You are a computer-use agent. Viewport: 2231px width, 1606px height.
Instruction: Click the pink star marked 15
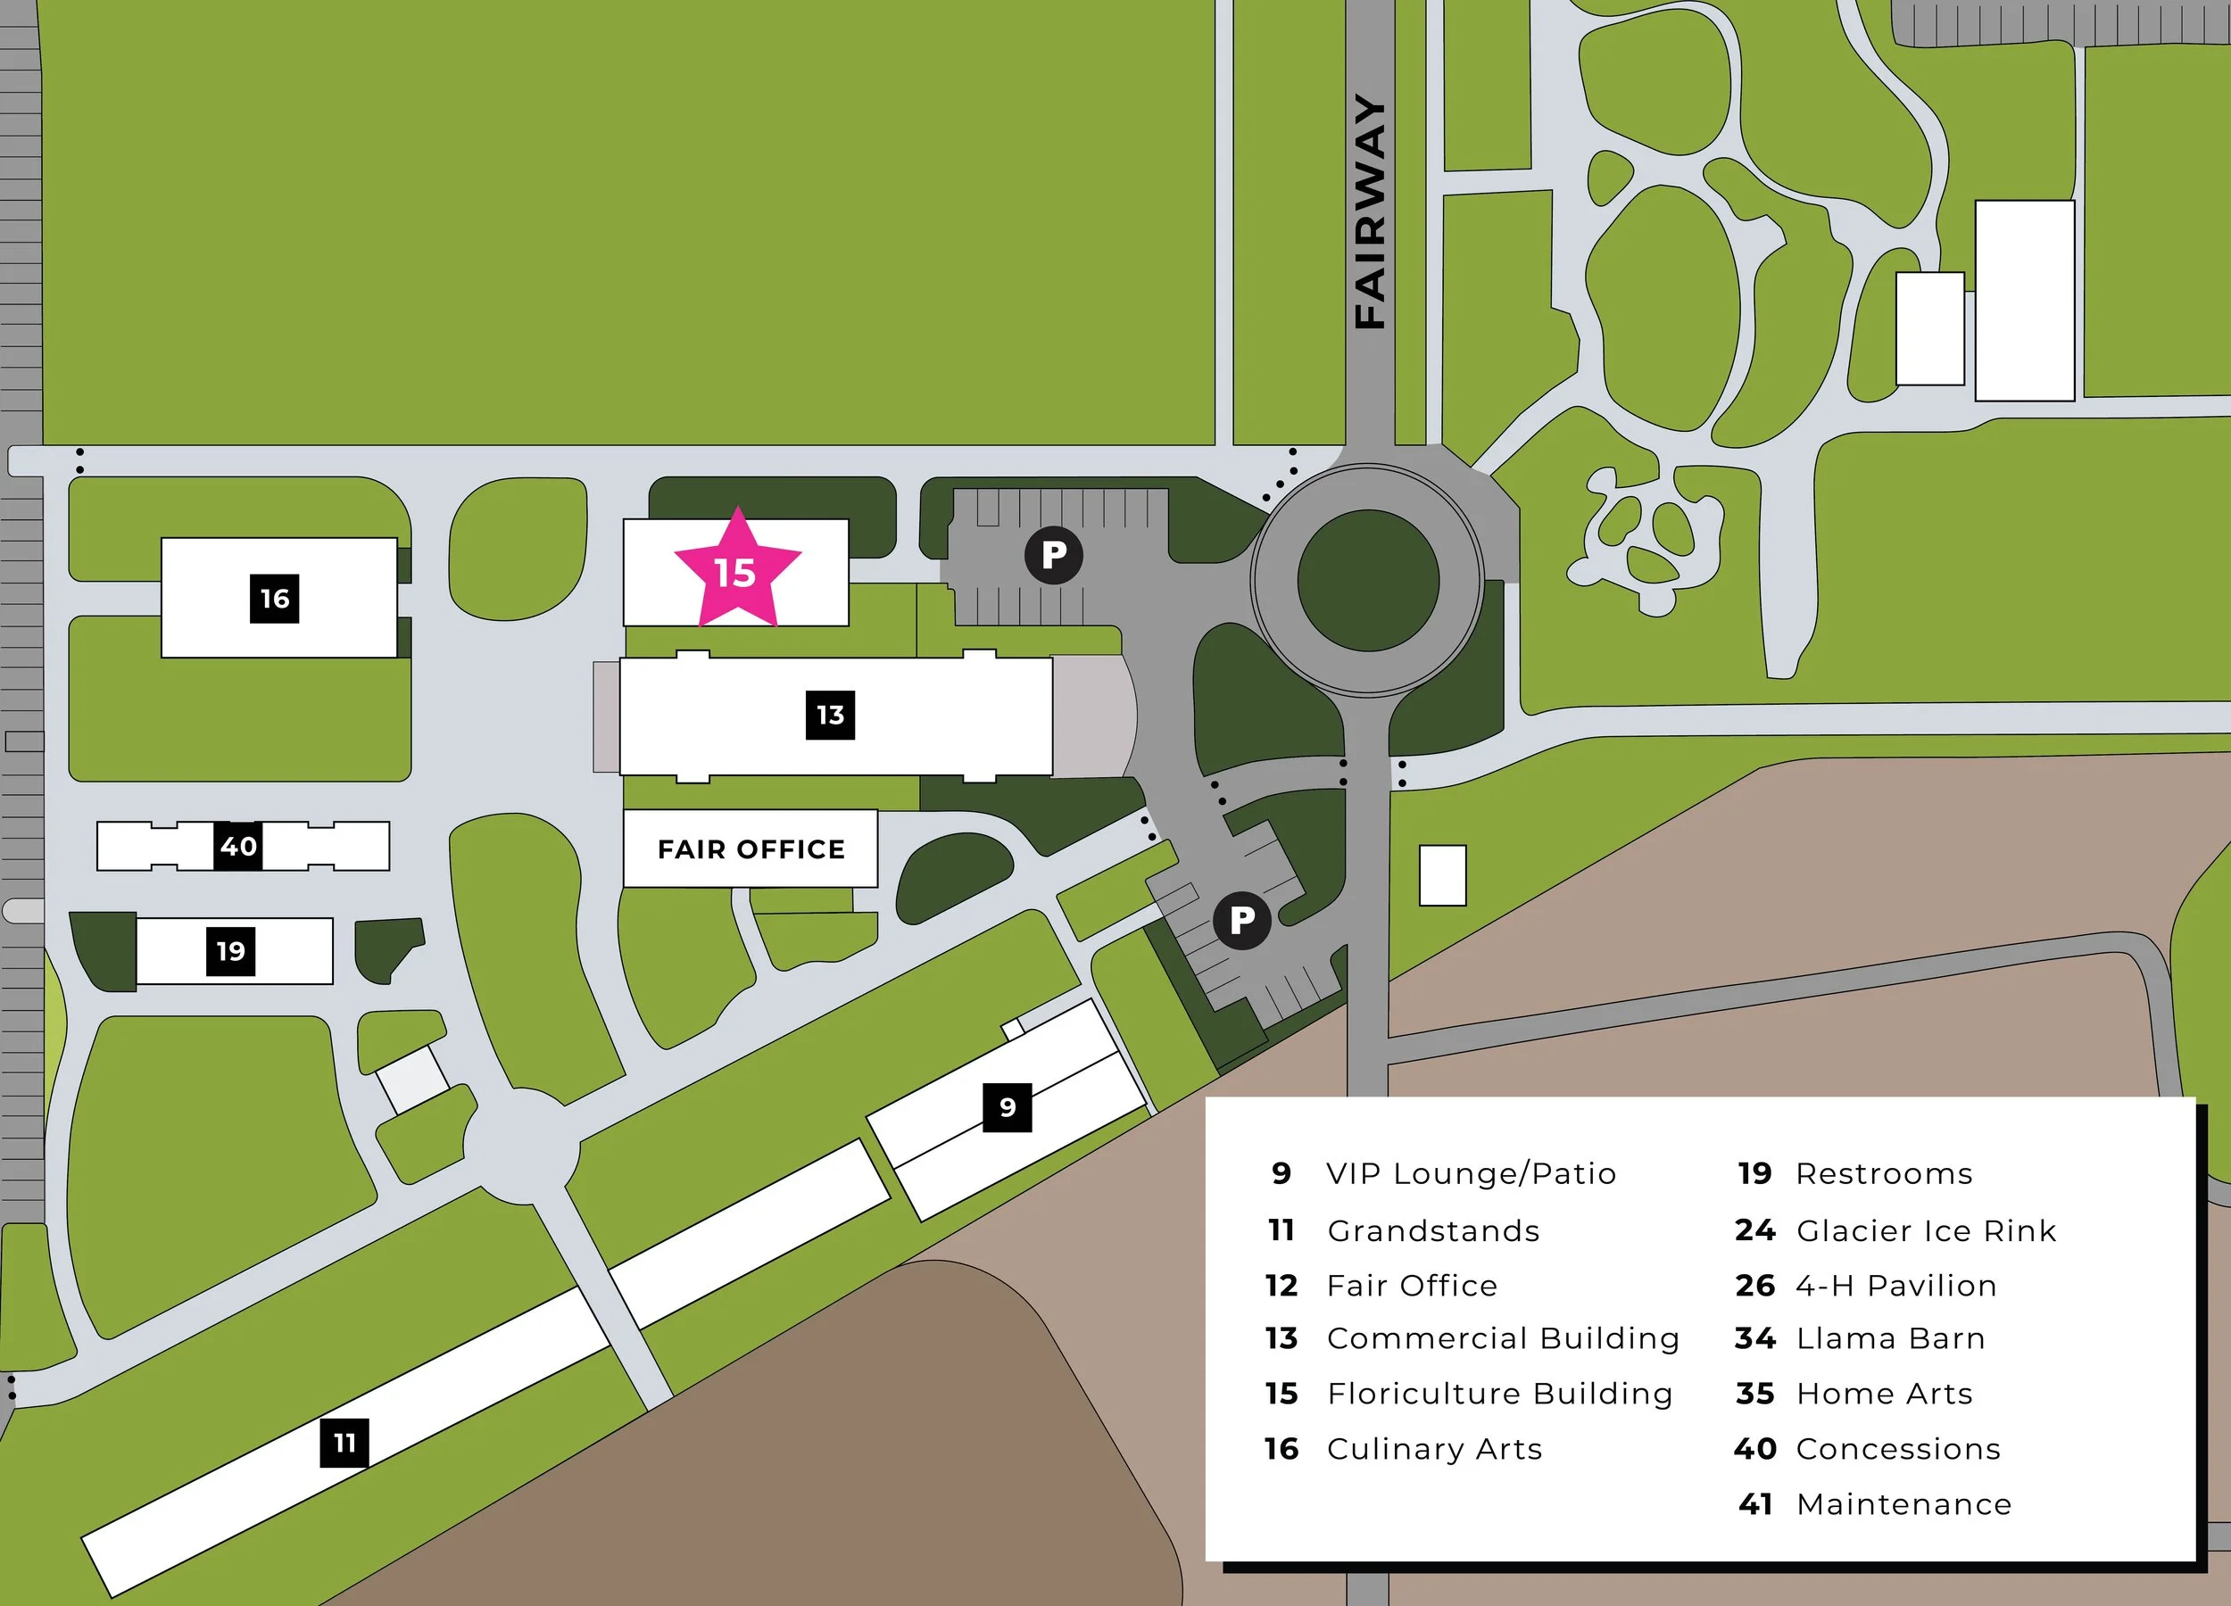coord(736,571)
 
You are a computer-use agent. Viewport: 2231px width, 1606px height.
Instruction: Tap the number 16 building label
coord(275,598)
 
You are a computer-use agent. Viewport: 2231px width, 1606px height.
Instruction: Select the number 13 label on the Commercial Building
coord(830,715)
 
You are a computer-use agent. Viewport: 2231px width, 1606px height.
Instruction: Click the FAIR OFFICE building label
coord(751,849)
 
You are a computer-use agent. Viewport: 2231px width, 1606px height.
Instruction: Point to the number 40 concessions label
coord(238,846)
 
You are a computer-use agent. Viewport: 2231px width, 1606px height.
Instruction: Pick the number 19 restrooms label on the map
coord(230,951)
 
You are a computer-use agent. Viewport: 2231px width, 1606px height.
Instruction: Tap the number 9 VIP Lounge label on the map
coord(1008,1107)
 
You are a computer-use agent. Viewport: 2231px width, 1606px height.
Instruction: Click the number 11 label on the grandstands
coord(344,1443)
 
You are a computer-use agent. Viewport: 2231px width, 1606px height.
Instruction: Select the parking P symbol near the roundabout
coord(1054,556)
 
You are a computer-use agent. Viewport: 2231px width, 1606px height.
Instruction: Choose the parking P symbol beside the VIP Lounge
coord(1241,921)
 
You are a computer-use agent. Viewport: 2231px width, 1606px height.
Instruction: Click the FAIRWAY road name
coord(1369,211)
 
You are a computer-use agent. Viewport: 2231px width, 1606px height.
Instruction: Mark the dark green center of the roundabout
coord(1368,580)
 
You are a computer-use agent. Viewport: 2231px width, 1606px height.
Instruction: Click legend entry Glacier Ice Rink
coord(1925,1230)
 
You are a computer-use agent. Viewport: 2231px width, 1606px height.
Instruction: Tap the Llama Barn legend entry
coord(1890,1338)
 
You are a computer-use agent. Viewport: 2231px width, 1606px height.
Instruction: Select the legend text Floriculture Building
coord(1499,1394)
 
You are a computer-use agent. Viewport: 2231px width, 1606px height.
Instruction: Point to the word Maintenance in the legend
coord(1903,1503)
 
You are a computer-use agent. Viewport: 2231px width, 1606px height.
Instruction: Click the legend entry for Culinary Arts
coord(1434,1449)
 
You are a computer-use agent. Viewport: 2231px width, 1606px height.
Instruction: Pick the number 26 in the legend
coord(1754,1286)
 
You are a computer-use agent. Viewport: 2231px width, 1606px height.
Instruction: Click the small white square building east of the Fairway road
coord(1442,875)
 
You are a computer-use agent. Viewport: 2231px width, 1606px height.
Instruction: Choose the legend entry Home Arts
coord(1884,1394)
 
